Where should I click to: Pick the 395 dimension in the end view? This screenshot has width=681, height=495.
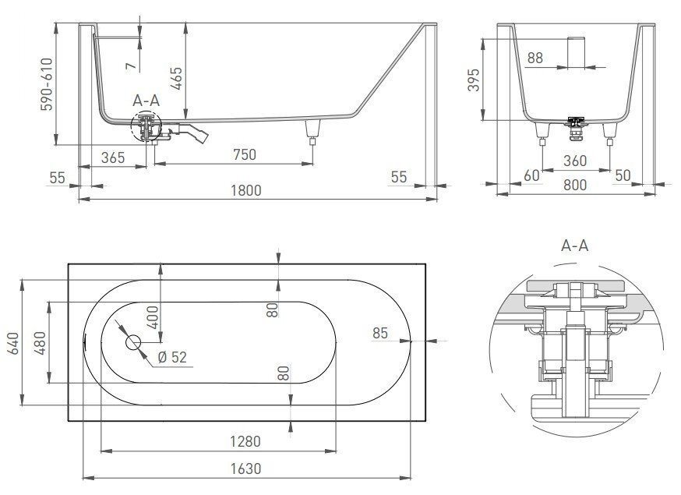coord(473,81)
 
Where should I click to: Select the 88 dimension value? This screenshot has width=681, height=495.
coord(535,58)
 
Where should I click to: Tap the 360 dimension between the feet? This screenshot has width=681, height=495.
coord(577,161)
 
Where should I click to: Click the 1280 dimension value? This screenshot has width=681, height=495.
coord(245,442)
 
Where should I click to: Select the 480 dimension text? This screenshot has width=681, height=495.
coord(39,342)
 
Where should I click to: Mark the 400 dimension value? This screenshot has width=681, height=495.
coord(153,318)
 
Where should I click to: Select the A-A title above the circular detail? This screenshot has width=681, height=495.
coord(574,246)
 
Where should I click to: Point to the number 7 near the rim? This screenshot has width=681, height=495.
coord(132,65)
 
